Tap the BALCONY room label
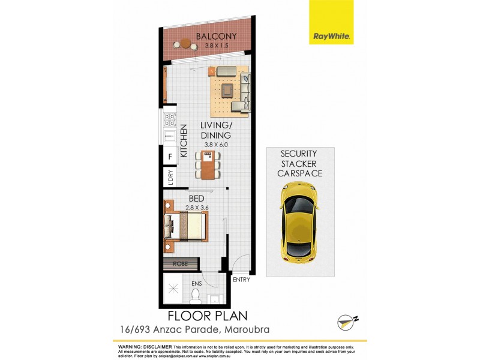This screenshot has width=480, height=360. coord(211,36)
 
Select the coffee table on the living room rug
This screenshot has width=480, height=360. coord(228,91)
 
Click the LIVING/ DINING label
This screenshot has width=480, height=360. coord(216,130)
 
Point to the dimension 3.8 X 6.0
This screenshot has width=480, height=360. coord(216,145)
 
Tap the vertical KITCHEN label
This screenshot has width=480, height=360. coord(184,140)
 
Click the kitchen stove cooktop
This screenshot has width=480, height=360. coord(169,118)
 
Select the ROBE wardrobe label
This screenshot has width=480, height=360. coord(180,263)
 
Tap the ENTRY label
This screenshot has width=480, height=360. coord(241,280)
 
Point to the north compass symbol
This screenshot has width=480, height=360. coord(344,322)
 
